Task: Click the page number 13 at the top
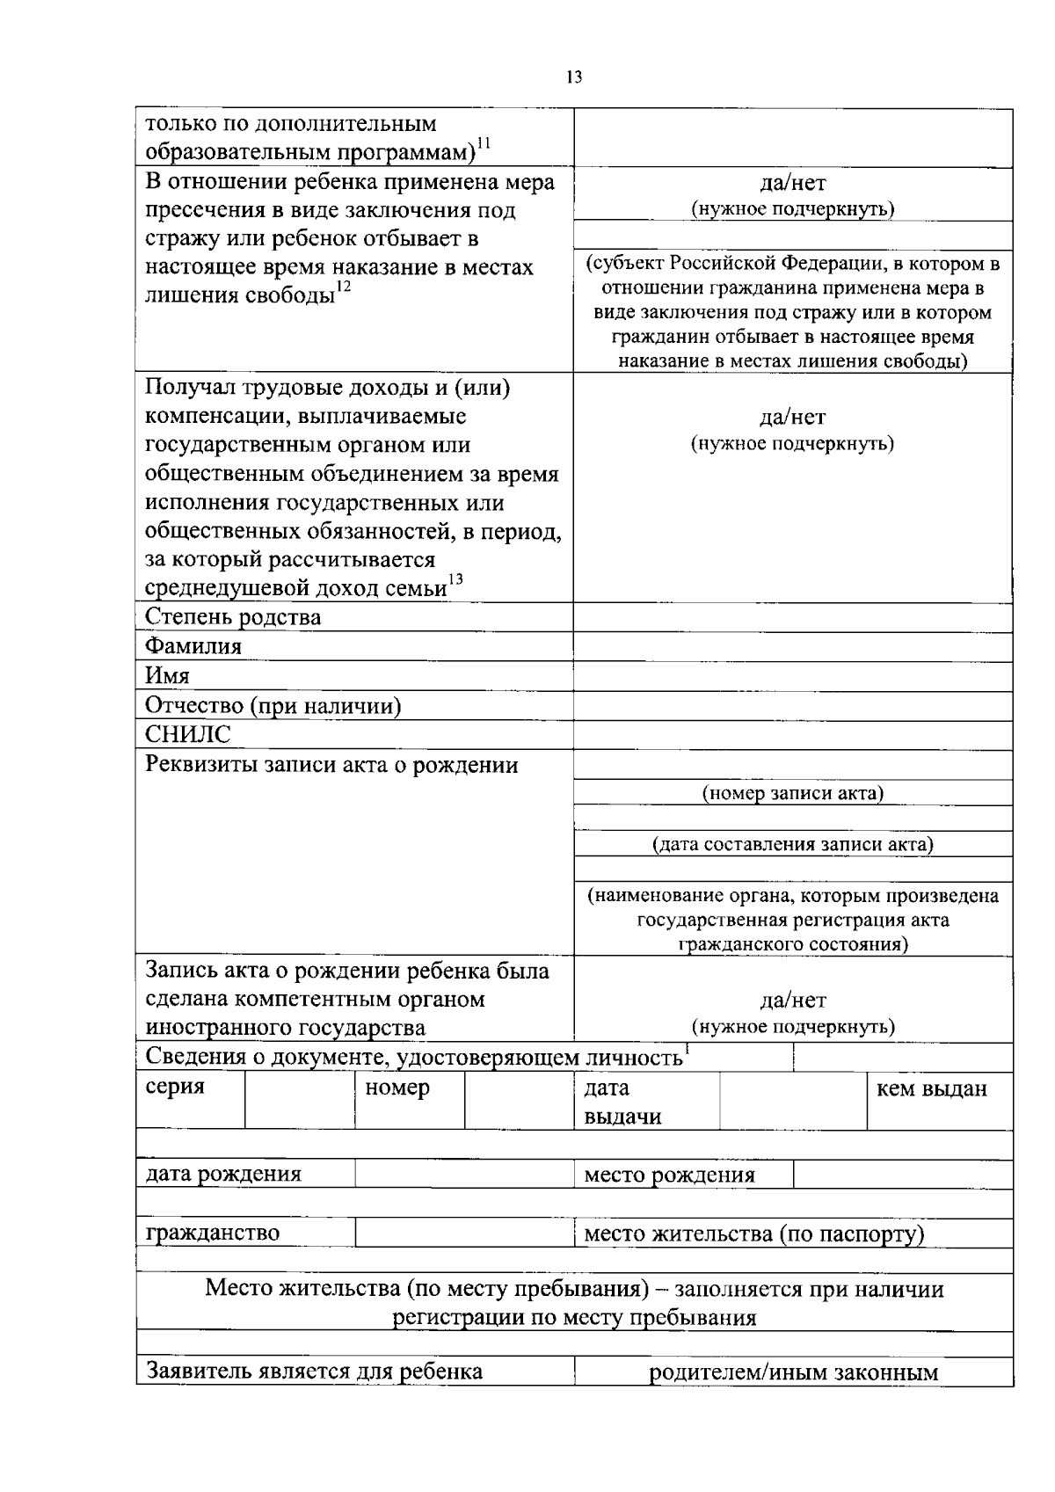[573, 76]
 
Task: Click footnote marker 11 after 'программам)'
[484, 144]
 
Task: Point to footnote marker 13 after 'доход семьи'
[455, 579]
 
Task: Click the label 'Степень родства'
[233, 617]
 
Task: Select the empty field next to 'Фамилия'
[792, 647]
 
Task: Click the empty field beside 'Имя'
[792, 676]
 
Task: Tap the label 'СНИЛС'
[188, 735]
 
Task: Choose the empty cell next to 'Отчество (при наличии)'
[792, 706]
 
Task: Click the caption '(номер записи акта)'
[792, 793]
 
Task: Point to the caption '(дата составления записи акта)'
[792, 845]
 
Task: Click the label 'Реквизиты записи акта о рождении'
[331, 765]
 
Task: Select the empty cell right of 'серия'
[300, 1100]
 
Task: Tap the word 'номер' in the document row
[397, 1088]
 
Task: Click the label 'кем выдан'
[932, 1089]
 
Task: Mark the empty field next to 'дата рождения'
[463, 1175]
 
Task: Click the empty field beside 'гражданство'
[463, 1233]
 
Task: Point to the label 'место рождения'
[669, 1175]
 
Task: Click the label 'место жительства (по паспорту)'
[754, 1234]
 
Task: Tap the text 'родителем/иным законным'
[793, 1372]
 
